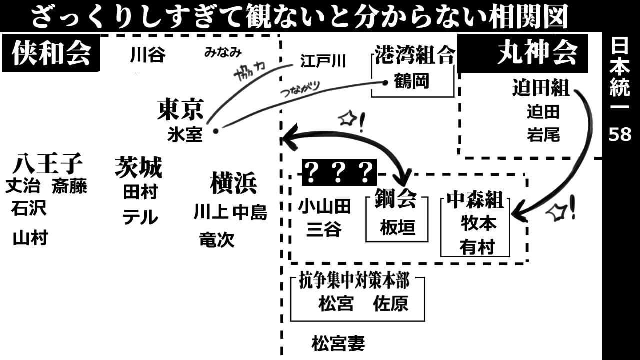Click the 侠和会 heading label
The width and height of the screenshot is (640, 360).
point(51,53)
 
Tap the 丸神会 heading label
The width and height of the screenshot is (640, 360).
point(537,52)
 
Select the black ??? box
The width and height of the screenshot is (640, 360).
point(339,172)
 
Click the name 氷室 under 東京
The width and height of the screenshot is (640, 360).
point(185,135)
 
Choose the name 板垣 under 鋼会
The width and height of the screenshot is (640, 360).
point(397,228)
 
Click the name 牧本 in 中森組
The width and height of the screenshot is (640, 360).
point(478,223)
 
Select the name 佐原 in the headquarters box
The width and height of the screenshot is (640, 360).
point(390,304)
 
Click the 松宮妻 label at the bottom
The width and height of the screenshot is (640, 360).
point(338,344)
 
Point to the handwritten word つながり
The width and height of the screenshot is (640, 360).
point(300,90)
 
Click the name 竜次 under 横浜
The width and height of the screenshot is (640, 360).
point(216,240)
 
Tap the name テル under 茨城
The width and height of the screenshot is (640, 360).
point(140,217)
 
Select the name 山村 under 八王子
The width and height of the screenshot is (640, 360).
point(30,238)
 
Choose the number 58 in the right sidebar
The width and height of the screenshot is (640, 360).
point(620,134)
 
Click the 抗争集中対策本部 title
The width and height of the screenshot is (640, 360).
point(354,281)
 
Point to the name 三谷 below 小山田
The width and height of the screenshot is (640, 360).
point(324,229)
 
